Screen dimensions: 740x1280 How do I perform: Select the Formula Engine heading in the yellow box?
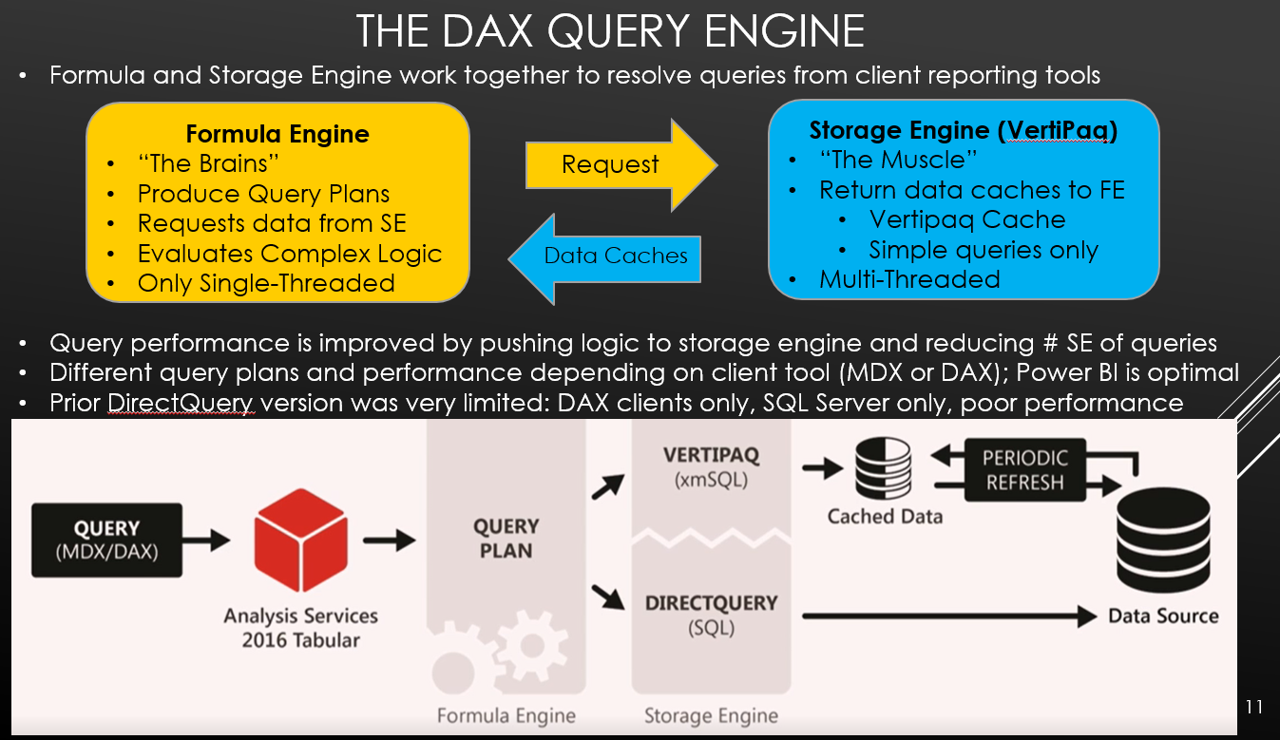tap(277, 134)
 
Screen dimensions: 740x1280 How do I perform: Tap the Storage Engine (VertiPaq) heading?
tap(963, 131)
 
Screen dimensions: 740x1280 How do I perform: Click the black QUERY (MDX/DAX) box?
tap(107, 540)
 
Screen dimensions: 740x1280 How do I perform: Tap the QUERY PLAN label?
tap(506, 539)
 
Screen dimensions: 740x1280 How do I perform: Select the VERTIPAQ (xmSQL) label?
tap(711, 467)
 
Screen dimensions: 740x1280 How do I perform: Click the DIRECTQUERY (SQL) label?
tap(711, 615)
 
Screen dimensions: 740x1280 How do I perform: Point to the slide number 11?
tap(1253, 707)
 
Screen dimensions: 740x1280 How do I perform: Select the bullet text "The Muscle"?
tap(898, 160)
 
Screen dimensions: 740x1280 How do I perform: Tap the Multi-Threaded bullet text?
tap(909, 279)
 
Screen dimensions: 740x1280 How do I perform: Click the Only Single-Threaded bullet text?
tap(266, 283)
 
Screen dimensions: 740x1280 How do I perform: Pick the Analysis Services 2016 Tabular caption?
tap(300, 627)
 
